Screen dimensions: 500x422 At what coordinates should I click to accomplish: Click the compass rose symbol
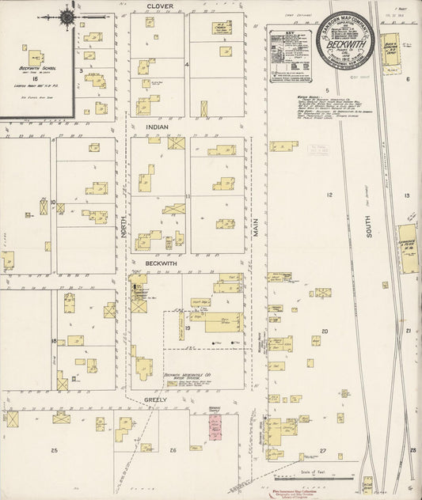pos(67,17)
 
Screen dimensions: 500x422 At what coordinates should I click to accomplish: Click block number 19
pos(188,327)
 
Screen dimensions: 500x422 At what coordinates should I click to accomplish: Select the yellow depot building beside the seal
pos(390,47)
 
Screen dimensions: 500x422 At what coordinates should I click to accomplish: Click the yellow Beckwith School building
pos(36,58)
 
